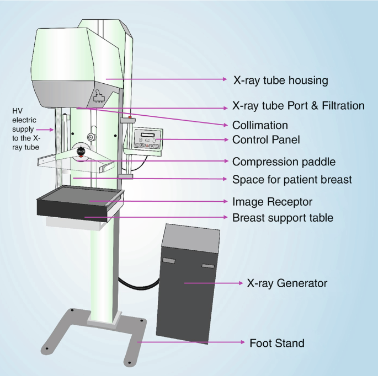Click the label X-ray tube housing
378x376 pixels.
pyautogui.click(x=280, y=80)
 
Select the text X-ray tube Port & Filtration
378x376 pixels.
pyautogui.click(x=298, y=105)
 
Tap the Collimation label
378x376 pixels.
pyautogui.click(x=260, y=125)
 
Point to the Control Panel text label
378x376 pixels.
pyautogui.click(x=266, y=140)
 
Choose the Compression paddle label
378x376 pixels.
pyautogui.click(x=284, y=162)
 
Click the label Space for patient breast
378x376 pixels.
pyautogui.click(x=292, y=180)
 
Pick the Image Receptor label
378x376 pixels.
pyautogui.click(x=272, y=202)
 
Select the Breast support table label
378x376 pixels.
pyautogui.click(x=283, y=218)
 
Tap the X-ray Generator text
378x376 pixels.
pyautogui.click(x=287, y=283)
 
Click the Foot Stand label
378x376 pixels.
pyautogui.click(x=277, y=343)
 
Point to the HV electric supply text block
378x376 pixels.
pyautogui.click(x=26, y=130)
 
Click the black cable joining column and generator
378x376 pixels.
pyautogui.click(x=138, y=284)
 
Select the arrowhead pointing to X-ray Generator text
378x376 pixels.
pyautogui.click(x=241, y=283)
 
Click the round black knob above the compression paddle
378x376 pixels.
pyautogui.click(x=81, y=151)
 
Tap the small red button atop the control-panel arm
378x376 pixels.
pyautogui.click(x=130, y=117)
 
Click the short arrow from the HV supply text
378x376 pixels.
pyautogui.click(x=47, y=130)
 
